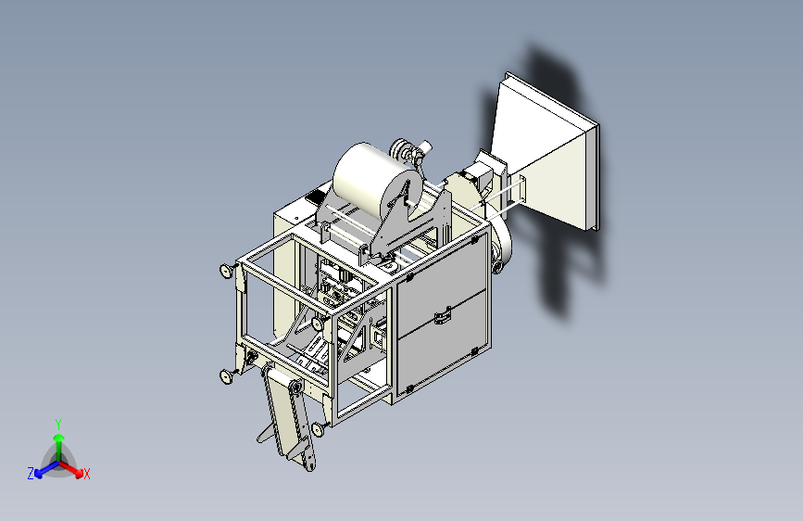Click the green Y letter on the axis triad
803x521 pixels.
pos(58,425)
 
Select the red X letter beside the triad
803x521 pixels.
pos(86,475)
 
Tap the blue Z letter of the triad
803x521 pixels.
pos(31,474)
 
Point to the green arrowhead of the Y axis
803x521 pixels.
pos(59,438)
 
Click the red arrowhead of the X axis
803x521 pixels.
pos(79,473)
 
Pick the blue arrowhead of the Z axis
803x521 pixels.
pos(39,474)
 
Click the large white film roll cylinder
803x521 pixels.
pos(375,181)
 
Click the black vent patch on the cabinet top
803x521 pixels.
pos(316,197)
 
